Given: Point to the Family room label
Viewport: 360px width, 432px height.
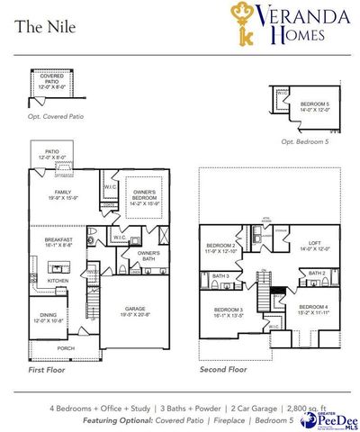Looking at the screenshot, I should click(62, 194).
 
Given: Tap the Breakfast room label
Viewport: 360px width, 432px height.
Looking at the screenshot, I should click(59, 241).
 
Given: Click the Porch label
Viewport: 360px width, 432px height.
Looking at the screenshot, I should click(66, 347).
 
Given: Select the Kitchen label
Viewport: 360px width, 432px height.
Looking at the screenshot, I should click(58, 281).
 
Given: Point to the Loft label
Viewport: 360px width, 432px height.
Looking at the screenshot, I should click(314, 244).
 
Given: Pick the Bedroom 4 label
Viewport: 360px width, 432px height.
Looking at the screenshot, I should click(314, 310).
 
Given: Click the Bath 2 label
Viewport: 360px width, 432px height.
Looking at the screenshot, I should click(317, 273).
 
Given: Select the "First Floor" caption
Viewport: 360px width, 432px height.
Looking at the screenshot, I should click(48, 369).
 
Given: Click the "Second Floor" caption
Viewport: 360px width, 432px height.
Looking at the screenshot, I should click(223, 369).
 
